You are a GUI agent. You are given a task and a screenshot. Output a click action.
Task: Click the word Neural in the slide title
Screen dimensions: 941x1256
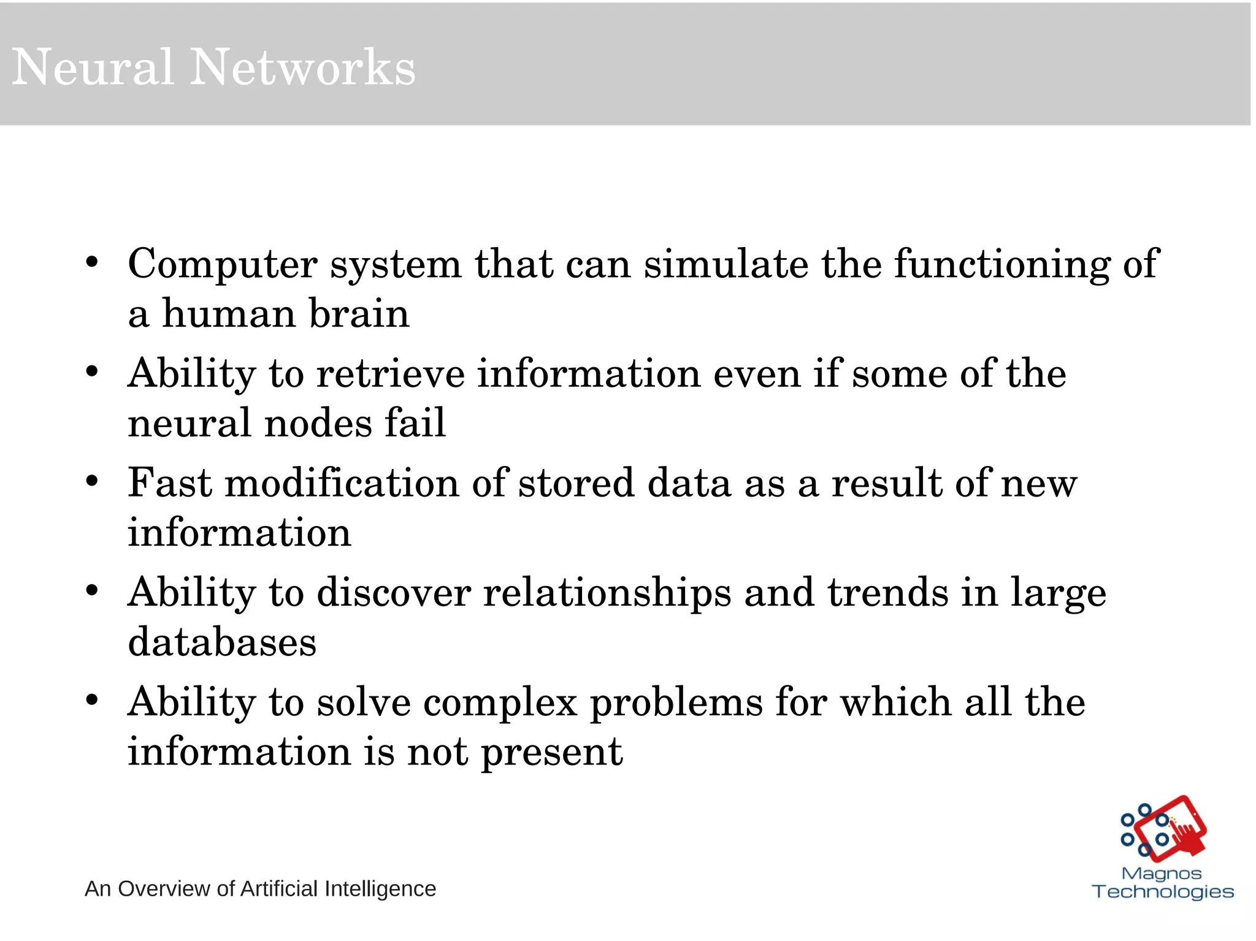click(x=92, y=67)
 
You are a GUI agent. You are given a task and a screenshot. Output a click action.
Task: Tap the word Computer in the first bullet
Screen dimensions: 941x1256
click(x=222, y=264)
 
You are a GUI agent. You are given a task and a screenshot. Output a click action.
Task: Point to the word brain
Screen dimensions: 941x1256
click(x=359, y=314)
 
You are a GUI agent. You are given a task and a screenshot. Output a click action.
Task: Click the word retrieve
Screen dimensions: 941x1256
click(x=390, y=374)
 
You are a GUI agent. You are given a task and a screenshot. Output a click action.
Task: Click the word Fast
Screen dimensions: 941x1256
click(x=170, y=483)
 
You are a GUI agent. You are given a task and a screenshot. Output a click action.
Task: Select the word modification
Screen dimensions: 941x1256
click(x=342, y=483)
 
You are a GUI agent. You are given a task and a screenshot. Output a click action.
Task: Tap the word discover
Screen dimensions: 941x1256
click(x=394, y=593)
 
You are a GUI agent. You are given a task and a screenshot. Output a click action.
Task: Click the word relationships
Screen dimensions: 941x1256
click(x=607, y=593)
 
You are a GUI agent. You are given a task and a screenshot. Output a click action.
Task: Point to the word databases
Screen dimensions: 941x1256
click(x=222, y=642)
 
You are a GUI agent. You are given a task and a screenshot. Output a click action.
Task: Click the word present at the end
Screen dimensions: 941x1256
click(x=551, y=753)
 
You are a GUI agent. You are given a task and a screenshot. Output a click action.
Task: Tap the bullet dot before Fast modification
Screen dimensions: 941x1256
click(x=92, y=481)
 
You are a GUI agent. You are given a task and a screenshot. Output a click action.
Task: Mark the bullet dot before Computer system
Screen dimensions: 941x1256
click(x=92, y=262)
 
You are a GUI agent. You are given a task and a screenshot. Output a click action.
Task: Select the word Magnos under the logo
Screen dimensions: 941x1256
click(x=1161, y=874)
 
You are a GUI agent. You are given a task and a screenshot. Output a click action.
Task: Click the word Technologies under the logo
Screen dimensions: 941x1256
click(x=1163, y=892)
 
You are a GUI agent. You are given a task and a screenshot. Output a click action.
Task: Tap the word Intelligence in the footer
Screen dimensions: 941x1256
click(x=380, y=889)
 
